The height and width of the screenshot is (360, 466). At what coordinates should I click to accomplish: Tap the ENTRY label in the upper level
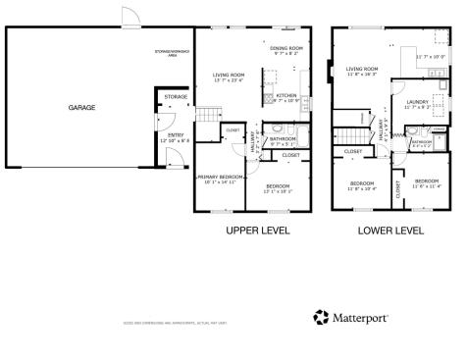point(175,135)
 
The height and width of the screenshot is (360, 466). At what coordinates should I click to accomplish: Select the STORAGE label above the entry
point(176,97)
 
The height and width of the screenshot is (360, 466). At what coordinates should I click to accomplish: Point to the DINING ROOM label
point(287,48)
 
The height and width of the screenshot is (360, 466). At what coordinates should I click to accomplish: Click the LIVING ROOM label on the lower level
point(362,70)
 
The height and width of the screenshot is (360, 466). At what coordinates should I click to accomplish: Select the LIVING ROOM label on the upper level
point(229,75)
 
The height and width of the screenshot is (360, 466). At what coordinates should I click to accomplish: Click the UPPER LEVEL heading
point(256,231)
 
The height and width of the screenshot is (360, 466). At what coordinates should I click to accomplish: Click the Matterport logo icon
point(321,317)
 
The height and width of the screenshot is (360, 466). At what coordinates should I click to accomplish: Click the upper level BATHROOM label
point(284,139)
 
